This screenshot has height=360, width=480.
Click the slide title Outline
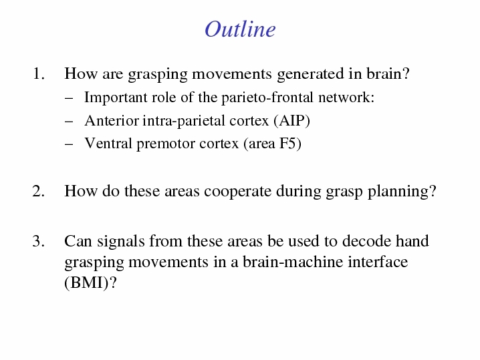(240, 29)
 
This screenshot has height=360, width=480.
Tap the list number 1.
(39, 73)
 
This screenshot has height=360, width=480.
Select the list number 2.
(39, 191)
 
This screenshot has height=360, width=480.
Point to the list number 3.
(39, 241)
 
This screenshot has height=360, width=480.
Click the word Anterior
(112, 120)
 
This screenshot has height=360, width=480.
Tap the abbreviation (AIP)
(291, 121)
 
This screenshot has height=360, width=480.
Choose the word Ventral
(108, 144)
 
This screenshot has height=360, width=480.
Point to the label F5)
(290, 144)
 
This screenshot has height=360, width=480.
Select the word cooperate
(237, 192)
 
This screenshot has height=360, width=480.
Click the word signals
(121, 242)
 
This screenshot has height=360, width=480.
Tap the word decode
(366, 241)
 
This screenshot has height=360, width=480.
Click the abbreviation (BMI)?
(91, 283)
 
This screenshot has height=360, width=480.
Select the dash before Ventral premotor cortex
(69, 144)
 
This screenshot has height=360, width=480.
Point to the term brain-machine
(293, 262)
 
